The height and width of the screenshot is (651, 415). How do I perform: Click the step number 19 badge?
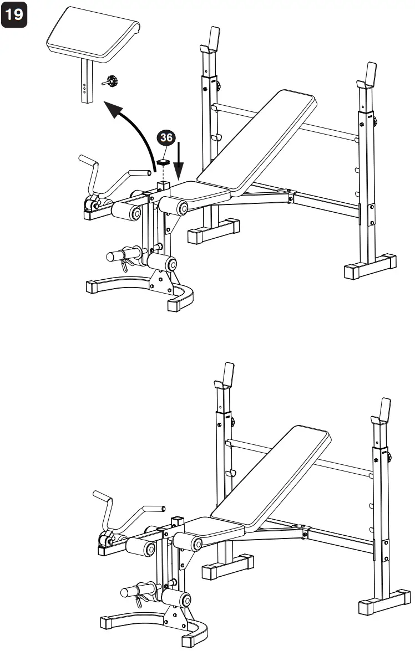coord(15,14)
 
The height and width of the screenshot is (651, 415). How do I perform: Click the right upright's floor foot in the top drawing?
coord(370,268)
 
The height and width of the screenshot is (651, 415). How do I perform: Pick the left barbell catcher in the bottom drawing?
coord(225,377)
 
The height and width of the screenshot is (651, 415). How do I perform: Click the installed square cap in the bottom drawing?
coord(177,520)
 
